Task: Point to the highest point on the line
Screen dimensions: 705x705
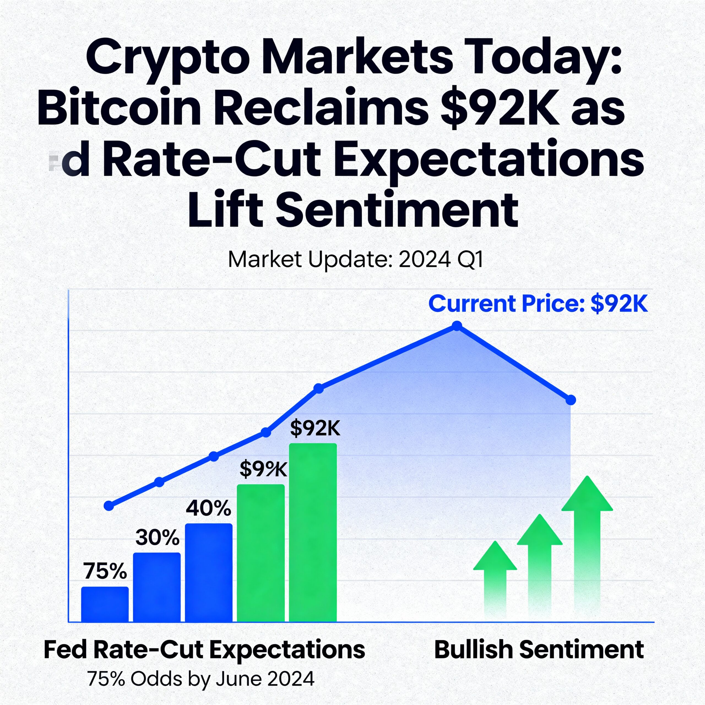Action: click(x=457, y=326)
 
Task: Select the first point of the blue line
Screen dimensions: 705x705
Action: click(x=109, y=506)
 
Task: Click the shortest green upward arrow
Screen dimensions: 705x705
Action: click(x=495, y=577)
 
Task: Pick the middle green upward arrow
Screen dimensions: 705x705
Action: click(x=540, y=562)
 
